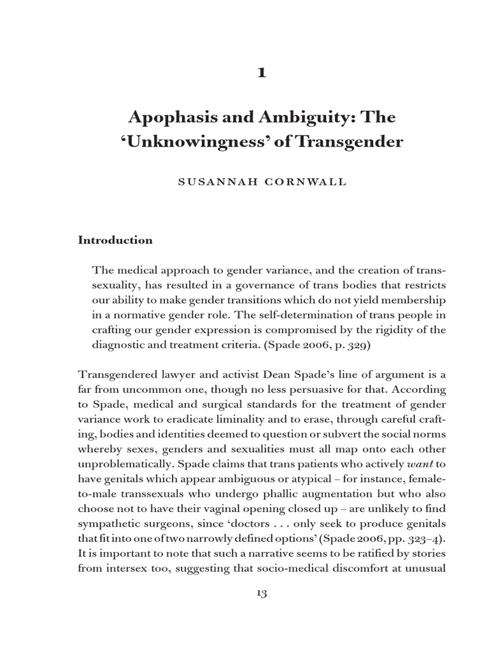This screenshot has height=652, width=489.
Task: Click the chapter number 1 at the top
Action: click(x=260, y=73)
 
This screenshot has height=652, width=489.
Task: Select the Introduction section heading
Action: click(x=115, y=240)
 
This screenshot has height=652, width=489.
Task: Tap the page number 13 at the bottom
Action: click(x=260, y=593)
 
